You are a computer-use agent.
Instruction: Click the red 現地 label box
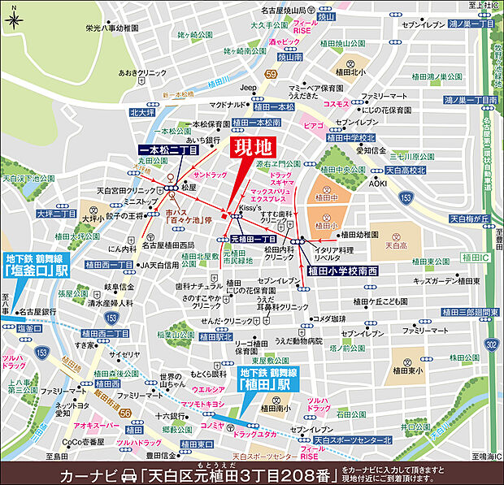point(252,149)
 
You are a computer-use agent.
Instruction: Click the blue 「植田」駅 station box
point(263,378)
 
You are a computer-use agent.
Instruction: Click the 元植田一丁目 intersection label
point(254,240)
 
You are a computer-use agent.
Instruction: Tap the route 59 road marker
point(272,75)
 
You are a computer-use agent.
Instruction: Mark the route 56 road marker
point(125,414)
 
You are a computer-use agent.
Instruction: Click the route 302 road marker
point(490,344)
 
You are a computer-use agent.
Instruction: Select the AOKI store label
point(378,184)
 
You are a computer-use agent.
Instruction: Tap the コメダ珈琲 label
point(329,318)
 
